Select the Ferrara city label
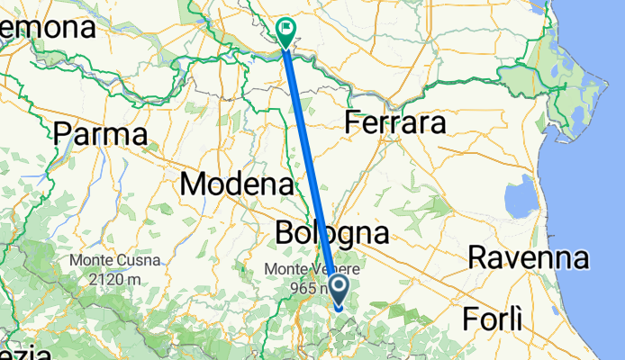395,123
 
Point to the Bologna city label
331,234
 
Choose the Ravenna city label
528,259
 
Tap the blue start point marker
340,289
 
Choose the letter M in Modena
194,184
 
